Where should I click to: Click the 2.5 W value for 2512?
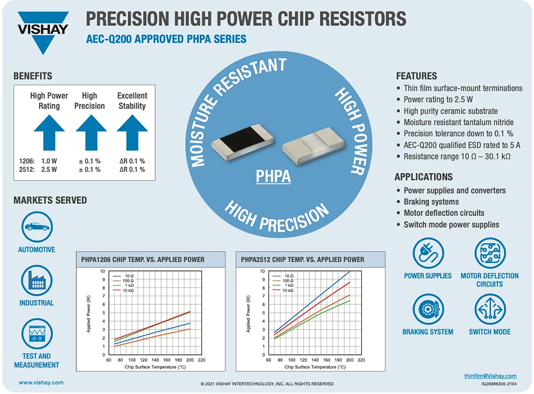49,170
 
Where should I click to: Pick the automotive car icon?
37,227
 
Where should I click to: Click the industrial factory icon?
37,280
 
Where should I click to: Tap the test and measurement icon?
37,333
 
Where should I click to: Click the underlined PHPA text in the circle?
273,177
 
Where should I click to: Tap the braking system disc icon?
428,309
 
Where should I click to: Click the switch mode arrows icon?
490,309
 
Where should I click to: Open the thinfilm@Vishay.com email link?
490,376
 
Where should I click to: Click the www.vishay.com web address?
41,382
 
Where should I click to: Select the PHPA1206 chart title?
141,259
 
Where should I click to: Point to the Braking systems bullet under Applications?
431,202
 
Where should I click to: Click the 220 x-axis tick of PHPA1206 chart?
201,360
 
